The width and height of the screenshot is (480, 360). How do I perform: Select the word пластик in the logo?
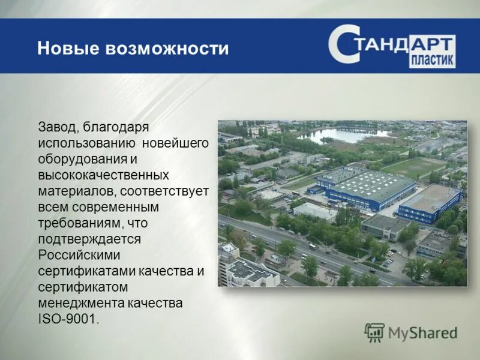click(x=432, y=61)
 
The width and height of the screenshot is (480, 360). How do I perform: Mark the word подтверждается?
click(x=89, y=240)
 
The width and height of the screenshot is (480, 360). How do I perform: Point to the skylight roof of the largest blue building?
click(x=370, y=185)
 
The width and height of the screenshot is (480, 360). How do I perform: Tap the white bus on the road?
click(x=312, y=247)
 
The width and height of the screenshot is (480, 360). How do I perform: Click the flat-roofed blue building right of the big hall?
click(x=429, y=202)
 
